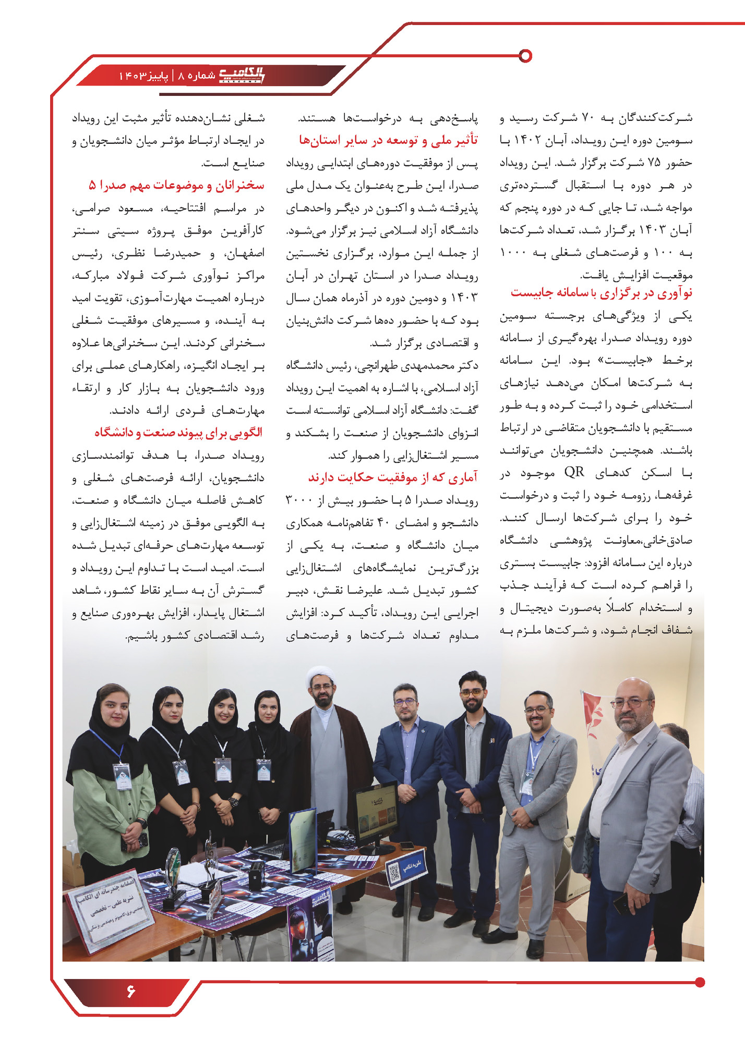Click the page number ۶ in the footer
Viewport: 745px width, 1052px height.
130,990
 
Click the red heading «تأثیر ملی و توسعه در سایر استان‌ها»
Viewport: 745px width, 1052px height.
388,140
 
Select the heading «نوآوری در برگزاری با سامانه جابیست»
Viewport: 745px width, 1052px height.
601,293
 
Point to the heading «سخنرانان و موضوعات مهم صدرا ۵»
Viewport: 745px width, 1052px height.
176,186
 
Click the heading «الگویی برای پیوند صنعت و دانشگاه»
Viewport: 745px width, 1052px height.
178,433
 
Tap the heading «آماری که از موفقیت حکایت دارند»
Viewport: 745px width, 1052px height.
392,478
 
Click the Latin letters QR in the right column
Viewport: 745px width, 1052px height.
574,472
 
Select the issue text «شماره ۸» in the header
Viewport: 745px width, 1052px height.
197,76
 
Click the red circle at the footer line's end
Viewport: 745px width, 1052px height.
700,982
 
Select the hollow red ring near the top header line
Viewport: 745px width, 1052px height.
526,55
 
